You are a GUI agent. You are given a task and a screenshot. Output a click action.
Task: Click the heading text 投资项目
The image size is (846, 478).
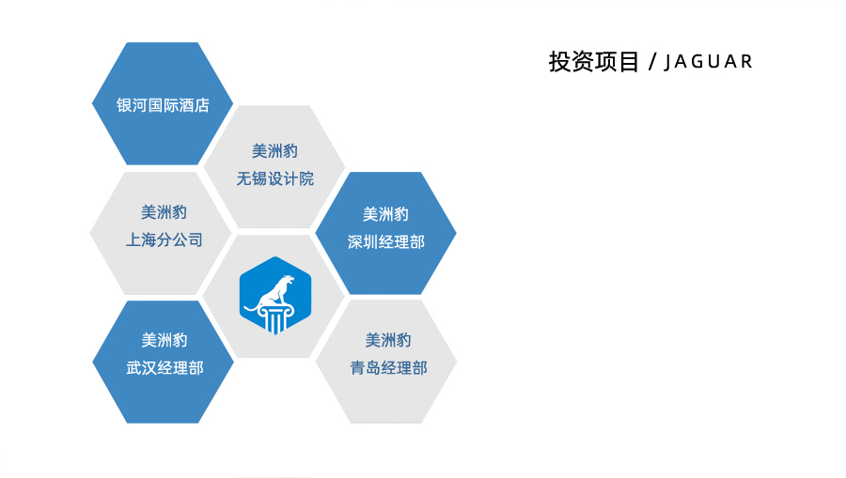click(x=594, y=61)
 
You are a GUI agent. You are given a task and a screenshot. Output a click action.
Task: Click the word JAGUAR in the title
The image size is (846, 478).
click(x=709, y=62)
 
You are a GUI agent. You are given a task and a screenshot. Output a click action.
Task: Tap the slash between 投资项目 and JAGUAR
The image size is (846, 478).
click(x=653, y=62)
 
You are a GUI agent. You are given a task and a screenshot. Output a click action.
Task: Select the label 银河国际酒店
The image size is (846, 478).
click(x=163, y=105)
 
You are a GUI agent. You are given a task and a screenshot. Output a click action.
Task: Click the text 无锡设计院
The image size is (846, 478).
click(x=275, y=178)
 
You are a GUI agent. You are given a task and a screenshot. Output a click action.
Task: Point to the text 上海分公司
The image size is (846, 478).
click(x=164, y=239)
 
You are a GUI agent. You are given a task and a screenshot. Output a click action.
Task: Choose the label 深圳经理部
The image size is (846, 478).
click(x=386, y=242)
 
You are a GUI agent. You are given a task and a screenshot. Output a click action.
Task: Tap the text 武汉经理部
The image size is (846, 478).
click(x=164, y=368)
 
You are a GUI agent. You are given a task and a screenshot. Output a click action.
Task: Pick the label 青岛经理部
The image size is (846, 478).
click(x=388, y=368)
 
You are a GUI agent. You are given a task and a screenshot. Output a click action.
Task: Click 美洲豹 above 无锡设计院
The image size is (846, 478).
click(x=275, y=151)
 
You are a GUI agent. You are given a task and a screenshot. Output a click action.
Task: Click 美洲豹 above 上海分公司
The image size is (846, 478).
click(x=164, y=212)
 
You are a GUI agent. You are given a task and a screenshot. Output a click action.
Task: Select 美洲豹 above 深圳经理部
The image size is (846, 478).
click(x=385, y=214)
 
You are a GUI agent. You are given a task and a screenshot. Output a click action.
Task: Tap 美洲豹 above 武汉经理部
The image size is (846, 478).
click(x=164, y=340)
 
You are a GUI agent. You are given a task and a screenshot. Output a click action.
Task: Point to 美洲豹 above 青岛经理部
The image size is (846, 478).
click(x=388, y=340)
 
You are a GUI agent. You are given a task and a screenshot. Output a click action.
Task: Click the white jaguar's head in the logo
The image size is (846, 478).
click(x=289, y=281)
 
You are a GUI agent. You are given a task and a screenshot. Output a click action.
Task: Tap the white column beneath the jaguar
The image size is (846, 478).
click(x=275, y=318)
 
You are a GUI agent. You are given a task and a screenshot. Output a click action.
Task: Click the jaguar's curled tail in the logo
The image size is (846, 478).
click(x=251, y=308)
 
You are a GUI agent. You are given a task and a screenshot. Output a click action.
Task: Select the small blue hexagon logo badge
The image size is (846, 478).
click(x=275, y=295)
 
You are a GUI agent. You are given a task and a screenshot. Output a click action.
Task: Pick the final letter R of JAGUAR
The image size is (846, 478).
click(x=746, y=61)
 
